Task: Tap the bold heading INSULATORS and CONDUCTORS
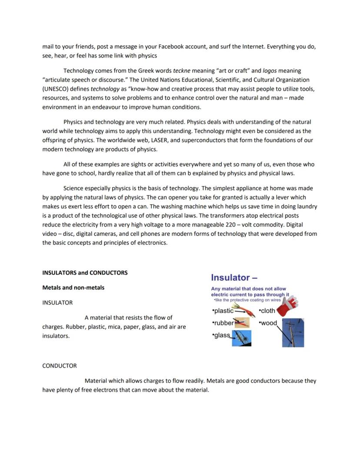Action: click(85, 273)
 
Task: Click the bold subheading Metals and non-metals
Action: click(73, 288)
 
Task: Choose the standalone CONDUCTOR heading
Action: click(59, 366)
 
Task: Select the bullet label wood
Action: click(269, 323)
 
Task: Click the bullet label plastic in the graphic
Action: click(223, 311)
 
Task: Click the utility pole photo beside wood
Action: click(293, 333)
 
